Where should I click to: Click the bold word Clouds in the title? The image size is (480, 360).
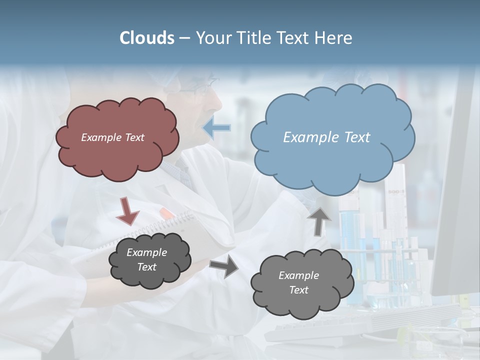[x=147, y=38]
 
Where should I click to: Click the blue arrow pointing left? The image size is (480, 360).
[x=217, y=127]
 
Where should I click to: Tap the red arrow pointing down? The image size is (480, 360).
[x=128, y=210]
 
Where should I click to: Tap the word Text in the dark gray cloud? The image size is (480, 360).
[x=146, y=267]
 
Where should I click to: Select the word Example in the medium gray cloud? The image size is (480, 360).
[x=298, y=275]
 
